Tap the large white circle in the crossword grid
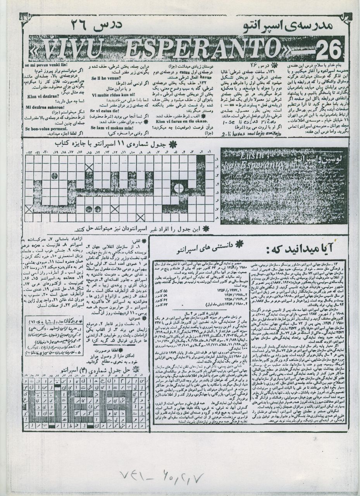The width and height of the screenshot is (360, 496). pyautogui.click(x=179, y=189)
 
